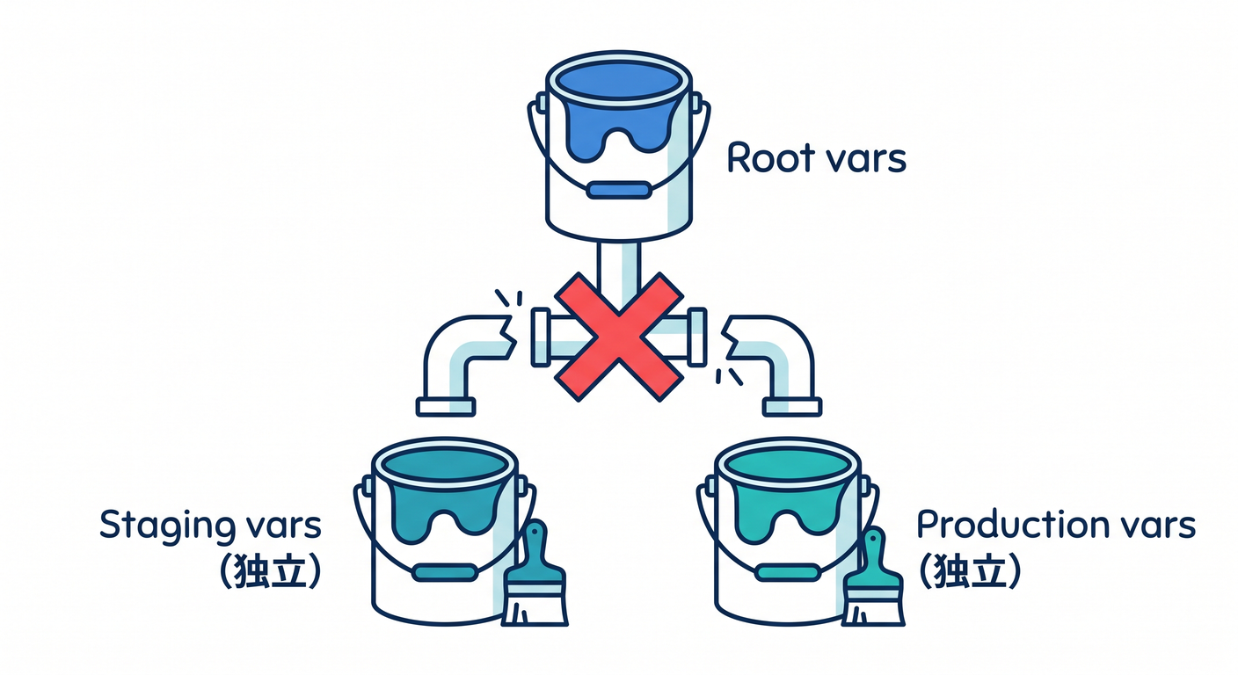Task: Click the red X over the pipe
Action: (618, 337)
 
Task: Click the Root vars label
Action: (816, 158)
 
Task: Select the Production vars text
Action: (1056, 525)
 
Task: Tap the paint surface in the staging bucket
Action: (444, 468)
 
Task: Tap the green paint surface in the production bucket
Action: (788, 468)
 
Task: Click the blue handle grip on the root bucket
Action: (618, 190)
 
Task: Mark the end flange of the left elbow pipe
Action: (446, 407)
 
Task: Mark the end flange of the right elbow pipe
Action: (792, 407)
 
